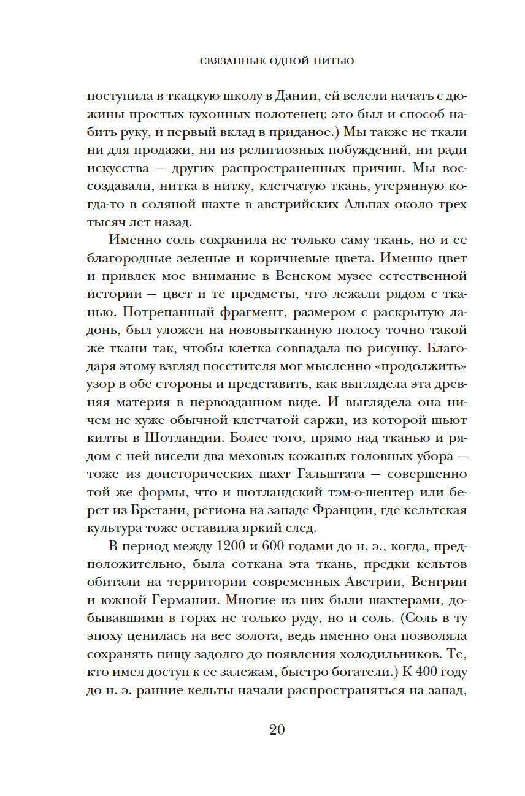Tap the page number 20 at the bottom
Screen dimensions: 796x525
tap(277, 730)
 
